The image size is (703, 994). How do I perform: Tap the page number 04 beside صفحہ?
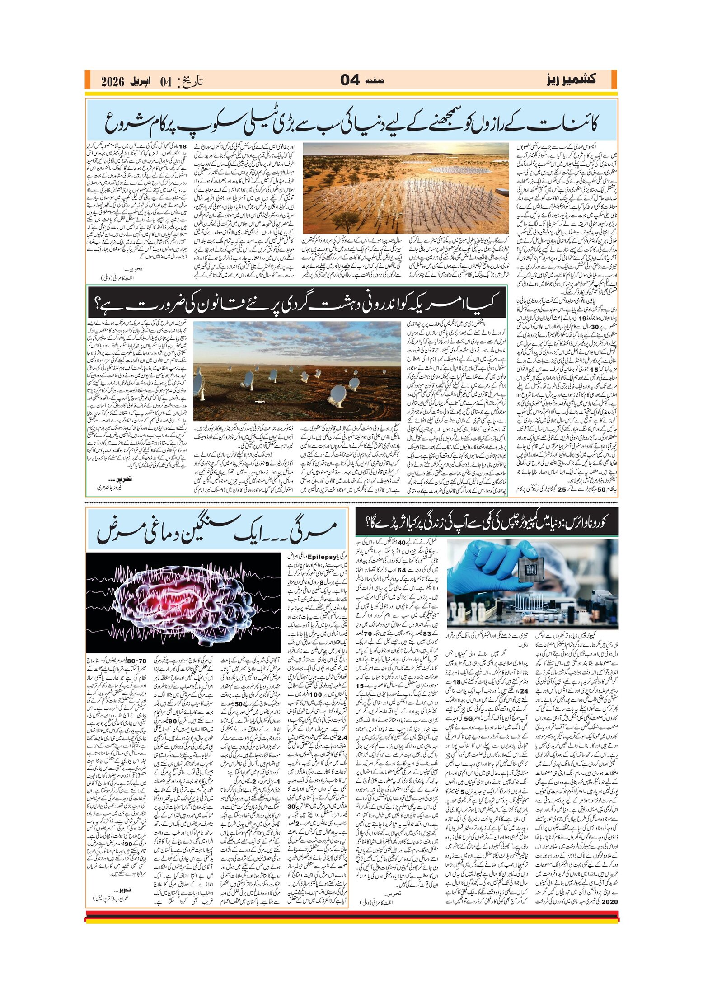(350, 80)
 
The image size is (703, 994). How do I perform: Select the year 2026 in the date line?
(112, 81)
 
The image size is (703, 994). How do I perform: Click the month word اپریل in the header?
(141, 81)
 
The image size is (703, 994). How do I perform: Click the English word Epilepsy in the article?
(323, 557)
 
